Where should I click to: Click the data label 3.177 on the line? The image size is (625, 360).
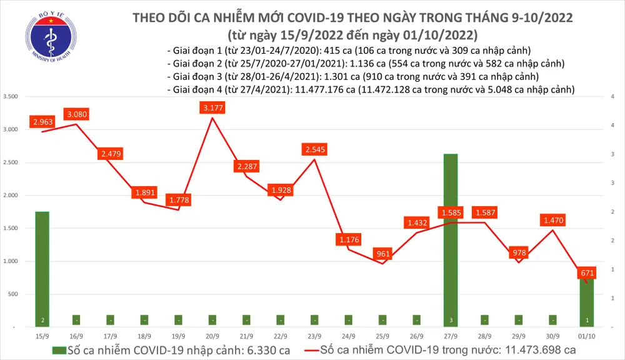click(212, 108)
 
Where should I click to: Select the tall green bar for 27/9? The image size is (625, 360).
click(451, 237)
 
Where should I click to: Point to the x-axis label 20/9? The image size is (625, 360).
click(212, 337)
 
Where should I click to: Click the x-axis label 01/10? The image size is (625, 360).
click(586, 337)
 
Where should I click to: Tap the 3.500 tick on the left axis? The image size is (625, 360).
click(10, 96)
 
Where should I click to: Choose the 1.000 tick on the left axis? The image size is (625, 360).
click(10, 261)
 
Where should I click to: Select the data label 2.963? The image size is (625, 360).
click(42, 121)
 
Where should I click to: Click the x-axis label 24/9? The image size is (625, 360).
click(349, 337)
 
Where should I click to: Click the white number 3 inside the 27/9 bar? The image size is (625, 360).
click(451, 320)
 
